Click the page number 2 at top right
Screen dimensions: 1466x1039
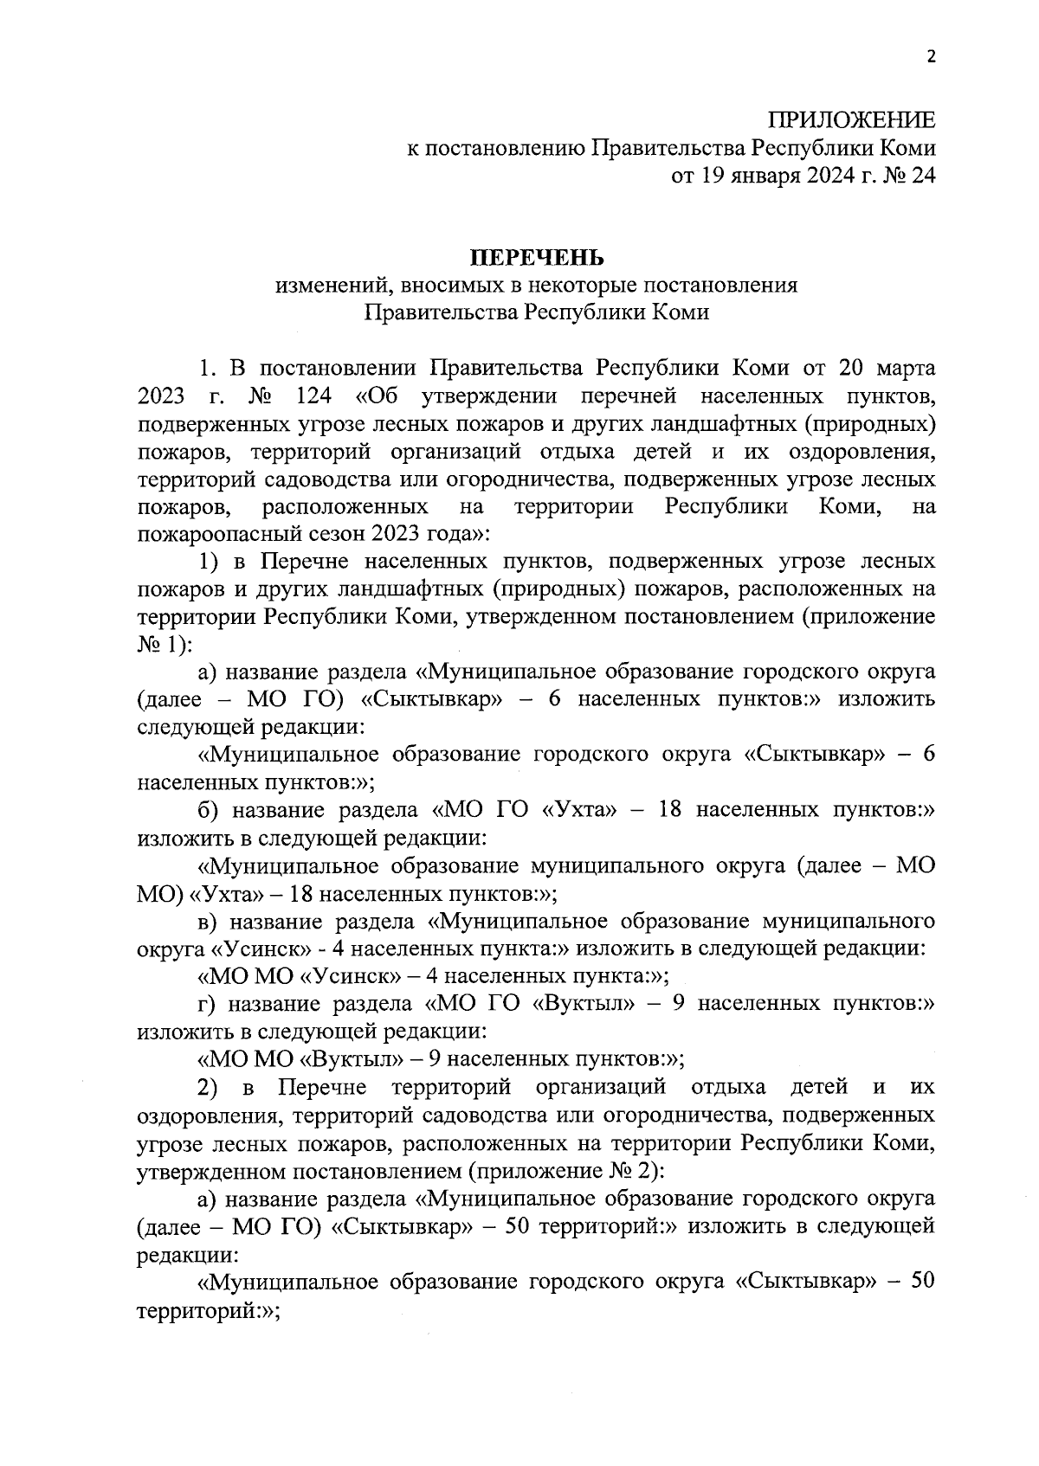tap(931, 58)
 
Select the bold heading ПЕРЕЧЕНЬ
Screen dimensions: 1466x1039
tap(536, 258)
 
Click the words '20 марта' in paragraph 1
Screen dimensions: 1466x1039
tap(887, 369)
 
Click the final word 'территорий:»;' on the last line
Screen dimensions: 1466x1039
tap(208, 1310)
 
